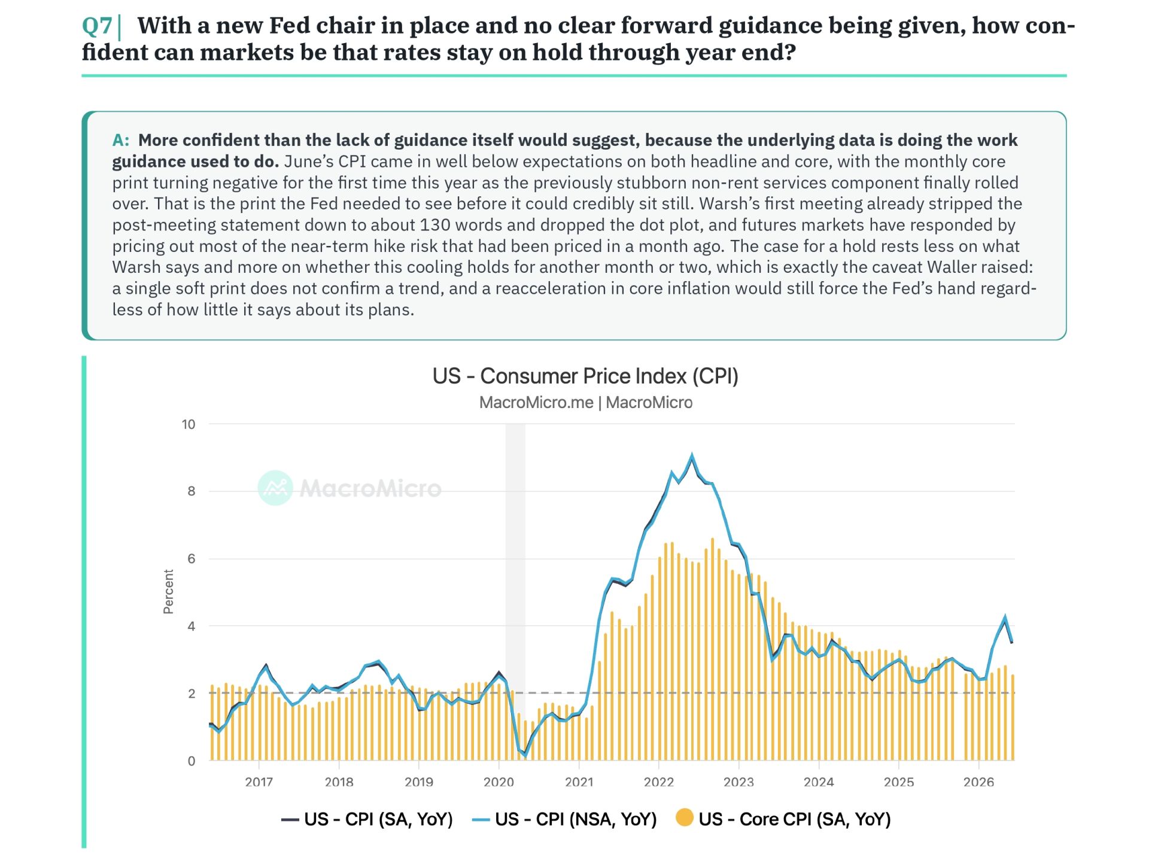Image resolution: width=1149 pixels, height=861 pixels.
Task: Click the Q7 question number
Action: (x=97, y=26)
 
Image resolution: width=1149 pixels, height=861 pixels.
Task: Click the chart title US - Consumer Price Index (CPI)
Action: (x=585, y=376)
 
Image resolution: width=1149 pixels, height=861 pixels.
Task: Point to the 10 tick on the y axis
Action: (x=189, y=425)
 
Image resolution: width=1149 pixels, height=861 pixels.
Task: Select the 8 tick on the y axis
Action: (x=191, y=491)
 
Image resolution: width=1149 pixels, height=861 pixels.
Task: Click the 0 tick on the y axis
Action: (x=191, y=761)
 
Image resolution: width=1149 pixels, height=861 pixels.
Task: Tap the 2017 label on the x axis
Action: (x=259, y=782)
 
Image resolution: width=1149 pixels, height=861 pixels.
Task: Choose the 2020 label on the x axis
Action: (x=499, y=782)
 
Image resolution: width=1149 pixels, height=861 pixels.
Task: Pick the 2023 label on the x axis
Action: (x=738, y=782)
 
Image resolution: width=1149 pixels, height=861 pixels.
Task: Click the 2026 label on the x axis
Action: (x=978, y=782)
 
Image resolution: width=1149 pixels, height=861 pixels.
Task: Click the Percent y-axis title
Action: (x=169, y=592)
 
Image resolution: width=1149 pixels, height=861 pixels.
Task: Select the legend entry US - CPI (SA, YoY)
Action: (x=367, y=819)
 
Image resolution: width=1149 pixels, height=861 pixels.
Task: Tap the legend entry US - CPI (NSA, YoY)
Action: (x=564, y=819)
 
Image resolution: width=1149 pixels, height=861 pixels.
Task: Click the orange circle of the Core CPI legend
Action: (x=685, y=817)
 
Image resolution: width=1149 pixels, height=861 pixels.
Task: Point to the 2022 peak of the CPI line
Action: (x=692, y=455)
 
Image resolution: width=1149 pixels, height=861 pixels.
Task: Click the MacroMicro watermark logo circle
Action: (x=275, y=488)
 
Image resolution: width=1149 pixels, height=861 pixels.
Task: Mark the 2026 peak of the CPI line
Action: (x=1005, y=617)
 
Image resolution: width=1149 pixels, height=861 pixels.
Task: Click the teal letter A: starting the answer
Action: (x=121, y=141)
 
